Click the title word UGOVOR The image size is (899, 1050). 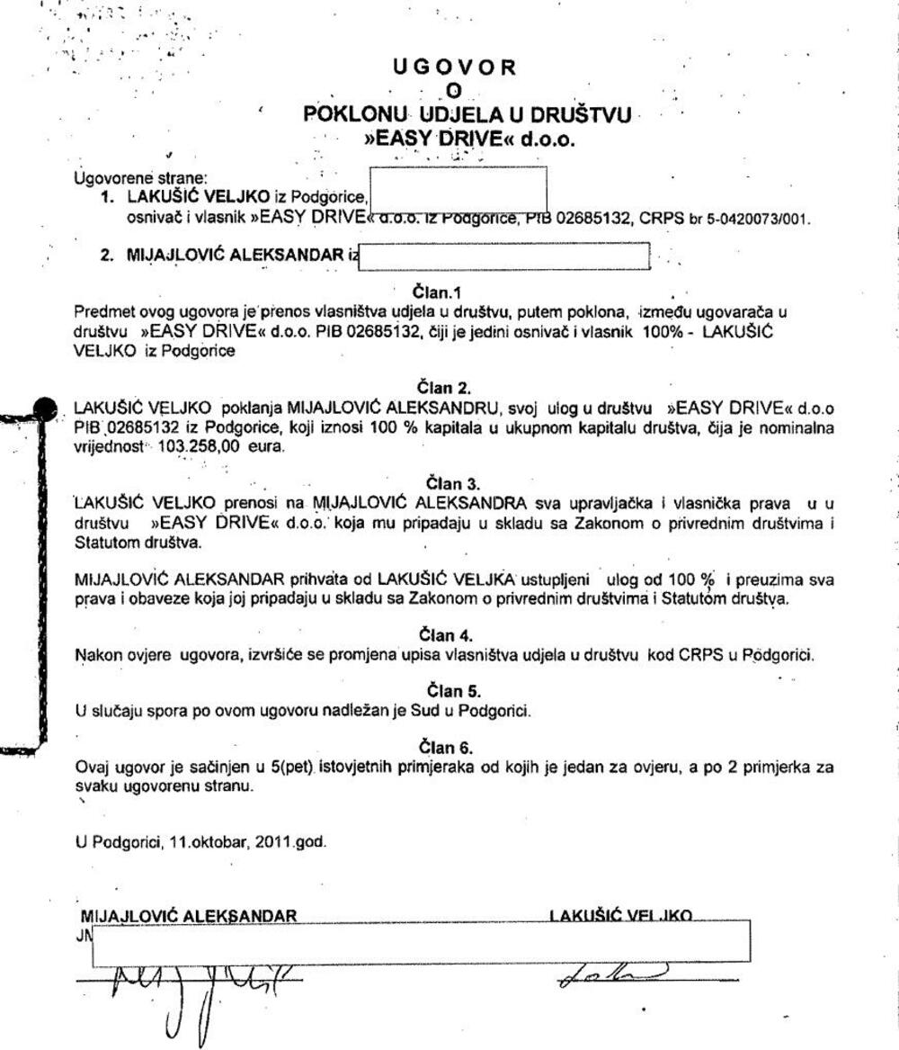tap(455, 67)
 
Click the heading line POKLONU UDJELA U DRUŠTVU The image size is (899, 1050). tap(467, 115)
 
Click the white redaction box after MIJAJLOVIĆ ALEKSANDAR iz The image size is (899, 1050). tap(503, 256)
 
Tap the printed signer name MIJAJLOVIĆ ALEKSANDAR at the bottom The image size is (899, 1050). tap(189, 917)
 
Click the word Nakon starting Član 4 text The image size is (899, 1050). tap(94, 654)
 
